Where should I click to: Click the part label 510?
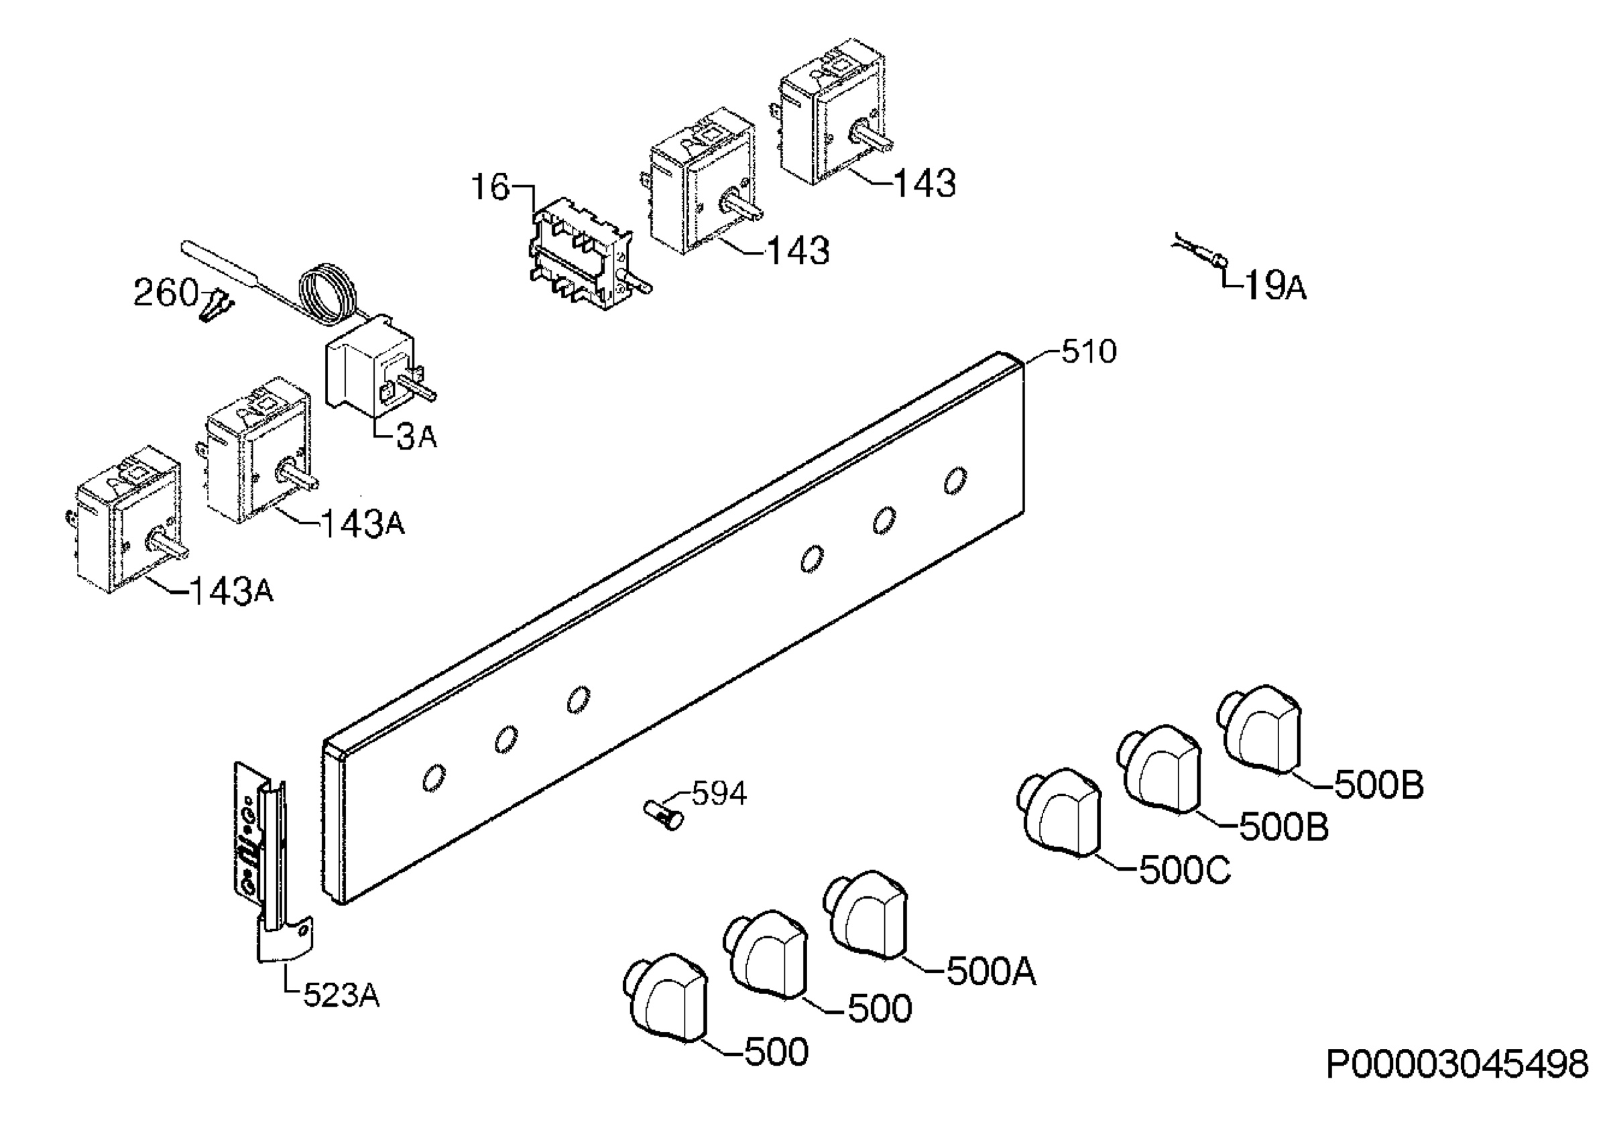[x=1088, y=352]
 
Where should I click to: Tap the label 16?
[x=489, y=187]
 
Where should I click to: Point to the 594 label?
[x=719, y=794]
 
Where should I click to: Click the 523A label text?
[x=342, y=996]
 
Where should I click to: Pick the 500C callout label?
[x=1185, y=871]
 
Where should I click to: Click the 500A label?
[x=992, y=972]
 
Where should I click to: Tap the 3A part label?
[x=417, y=437]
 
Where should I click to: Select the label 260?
[x=166, y=292]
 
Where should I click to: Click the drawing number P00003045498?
[x=1457, y=1065]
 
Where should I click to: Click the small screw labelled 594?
[x=664, y=815]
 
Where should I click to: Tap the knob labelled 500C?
[x=1059, y=813]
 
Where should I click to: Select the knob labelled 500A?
[x=866, y=915]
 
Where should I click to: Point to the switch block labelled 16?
[x=586, y=253]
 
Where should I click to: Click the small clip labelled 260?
[x=217, y=305]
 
